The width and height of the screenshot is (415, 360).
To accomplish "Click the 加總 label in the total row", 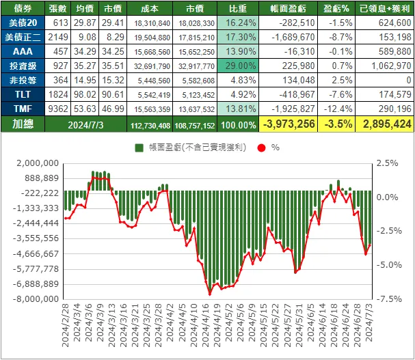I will [x=23, y=124].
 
